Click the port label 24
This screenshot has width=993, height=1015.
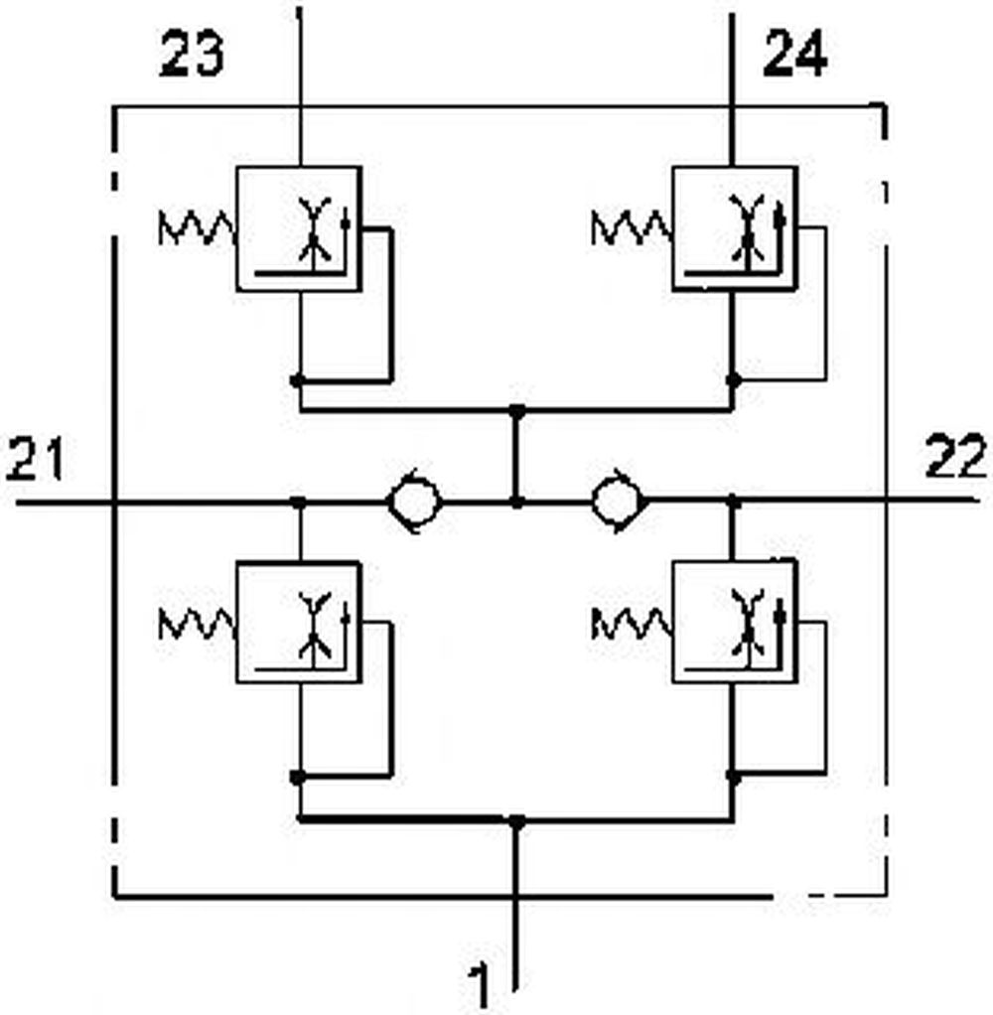[x=795, y=53]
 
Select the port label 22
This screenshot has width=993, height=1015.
[x=956, y=456]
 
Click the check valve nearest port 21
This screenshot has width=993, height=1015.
[x=415, y=501]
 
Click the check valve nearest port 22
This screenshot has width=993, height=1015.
[x=620, y=501]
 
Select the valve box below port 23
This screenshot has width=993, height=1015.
[x=299, y=229]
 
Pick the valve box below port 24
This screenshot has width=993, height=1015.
[x=735, y=229]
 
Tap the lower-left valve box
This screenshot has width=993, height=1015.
[x=299, y=622]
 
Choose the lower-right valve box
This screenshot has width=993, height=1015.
[x=735, y=622]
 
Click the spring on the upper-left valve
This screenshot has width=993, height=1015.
[x=197, y=227]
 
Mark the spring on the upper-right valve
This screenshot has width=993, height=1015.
[x=632, y=227]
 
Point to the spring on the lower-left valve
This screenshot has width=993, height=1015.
[x=197, y=624]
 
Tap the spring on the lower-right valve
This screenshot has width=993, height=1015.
[x=632, y=624]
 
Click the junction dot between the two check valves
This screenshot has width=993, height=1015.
[x=516, y=501]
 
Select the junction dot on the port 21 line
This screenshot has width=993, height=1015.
[x=298, y=502]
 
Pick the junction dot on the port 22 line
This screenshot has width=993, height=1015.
[x=734, y=501]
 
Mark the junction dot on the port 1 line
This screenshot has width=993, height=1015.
[x=516, y=821]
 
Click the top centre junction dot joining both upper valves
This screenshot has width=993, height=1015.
[x=516, y=410]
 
